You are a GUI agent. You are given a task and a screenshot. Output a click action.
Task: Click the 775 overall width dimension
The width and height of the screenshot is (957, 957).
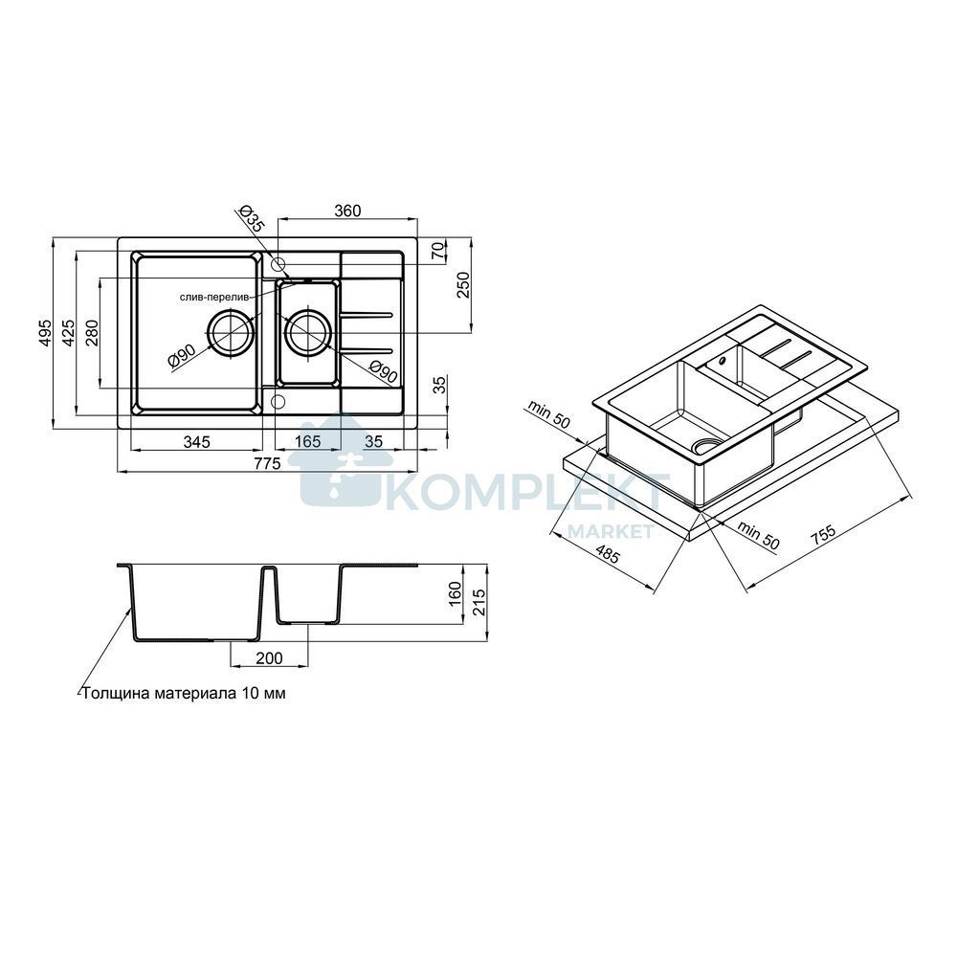pyautogui.click(x=267, y=464)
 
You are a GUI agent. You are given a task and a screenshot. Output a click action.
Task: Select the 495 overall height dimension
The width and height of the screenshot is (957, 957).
pyautogui.click(x=45, y=334)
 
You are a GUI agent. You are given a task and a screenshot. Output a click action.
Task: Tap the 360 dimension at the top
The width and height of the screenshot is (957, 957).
pyautogui.click(x=348, y=211)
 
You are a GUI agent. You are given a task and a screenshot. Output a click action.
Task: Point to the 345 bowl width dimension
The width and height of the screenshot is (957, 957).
pyautogui.click(x=196, y=441)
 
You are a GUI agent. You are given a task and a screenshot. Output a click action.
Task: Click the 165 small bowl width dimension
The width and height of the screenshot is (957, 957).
pyautogui.click(x=307, y=441)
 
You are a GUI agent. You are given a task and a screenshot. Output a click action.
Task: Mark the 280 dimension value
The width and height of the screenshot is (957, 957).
pyautogui.click(x=93, y=333)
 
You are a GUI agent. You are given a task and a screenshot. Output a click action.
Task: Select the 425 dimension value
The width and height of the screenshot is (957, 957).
pyautogui.click(x=68, y=333)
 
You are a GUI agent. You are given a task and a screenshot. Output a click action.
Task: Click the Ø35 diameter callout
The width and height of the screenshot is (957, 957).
pyautogui.click(x=250, y=218)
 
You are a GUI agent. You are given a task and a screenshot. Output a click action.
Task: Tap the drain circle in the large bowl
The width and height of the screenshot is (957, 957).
pyautogui.click(x=232, y=333)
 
